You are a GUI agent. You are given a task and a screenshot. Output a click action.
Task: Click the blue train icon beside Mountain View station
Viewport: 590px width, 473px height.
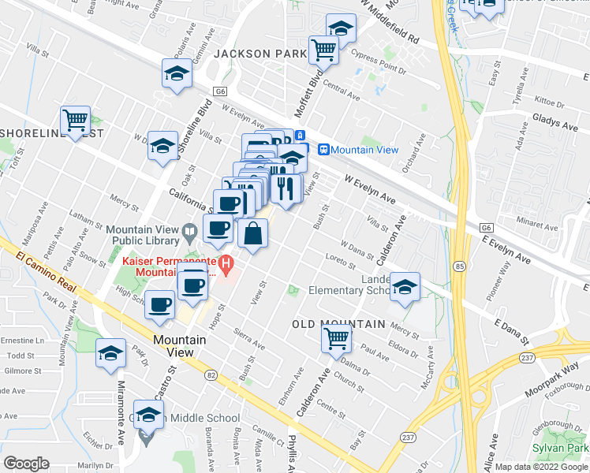coord(323,150)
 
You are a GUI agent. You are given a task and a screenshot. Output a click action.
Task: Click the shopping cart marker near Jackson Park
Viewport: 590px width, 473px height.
coord(323,50)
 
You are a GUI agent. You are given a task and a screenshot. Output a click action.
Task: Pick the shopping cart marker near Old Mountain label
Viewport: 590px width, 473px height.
coord(337,339)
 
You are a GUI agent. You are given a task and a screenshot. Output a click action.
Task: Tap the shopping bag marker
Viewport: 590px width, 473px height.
coord(253,233)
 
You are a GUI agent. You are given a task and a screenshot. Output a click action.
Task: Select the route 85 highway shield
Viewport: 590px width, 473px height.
coord(459,266)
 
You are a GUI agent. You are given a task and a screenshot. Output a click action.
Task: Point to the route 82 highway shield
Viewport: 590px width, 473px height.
coord(211,377)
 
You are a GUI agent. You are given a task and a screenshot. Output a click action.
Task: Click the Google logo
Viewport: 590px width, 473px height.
coord(26,464)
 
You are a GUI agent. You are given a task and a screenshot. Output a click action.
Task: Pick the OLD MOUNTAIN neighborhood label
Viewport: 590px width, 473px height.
coord(338,324)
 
